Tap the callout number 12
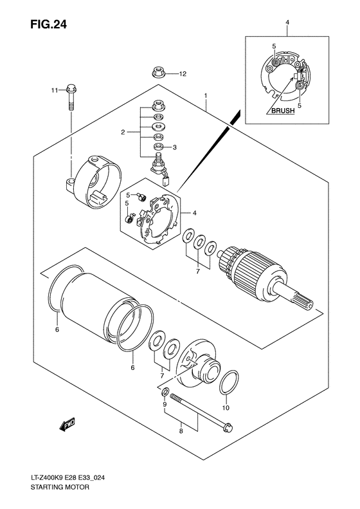[182, 74]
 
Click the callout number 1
[205, 97]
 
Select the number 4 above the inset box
[287, 24]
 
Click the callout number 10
[226, 408]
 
